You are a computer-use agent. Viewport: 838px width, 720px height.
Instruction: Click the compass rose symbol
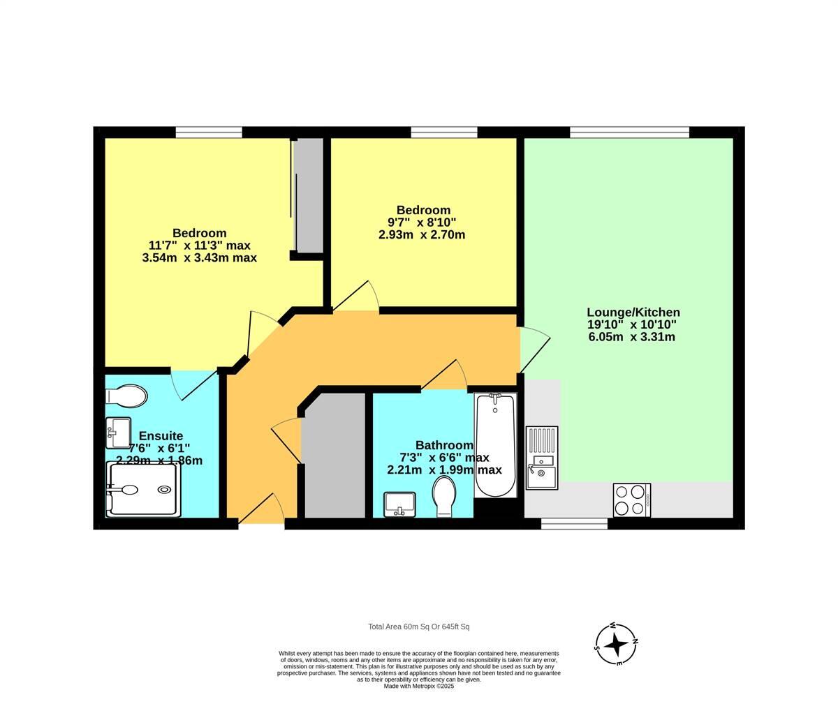616,644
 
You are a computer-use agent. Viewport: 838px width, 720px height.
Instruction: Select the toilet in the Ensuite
126,396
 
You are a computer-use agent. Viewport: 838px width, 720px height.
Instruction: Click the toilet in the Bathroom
444,497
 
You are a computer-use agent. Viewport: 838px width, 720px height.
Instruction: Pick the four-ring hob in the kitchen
631,500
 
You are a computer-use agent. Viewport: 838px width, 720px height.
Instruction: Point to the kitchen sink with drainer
542,458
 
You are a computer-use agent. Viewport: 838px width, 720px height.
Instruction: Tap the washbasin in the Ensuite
118,433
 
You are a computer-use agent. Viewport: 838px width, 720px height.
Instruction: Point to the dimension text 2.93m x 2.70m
422,235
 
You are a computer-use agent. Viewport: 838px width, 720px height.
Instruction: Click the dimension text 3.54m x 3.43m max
199,257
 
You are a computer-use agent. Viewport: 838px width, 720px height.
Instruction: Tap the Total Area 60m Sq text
423,627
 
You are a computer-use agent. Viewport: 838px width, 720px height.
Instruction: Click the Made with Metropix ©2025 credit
419,686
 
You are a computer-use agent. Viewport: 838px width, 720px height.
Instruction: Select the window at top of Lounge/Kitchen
629,132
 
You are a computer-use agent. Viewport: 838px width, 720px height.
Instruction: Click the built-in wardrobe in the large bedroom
308,195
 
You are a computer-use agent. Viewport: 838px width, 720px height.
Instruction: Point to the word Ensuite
161,436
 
